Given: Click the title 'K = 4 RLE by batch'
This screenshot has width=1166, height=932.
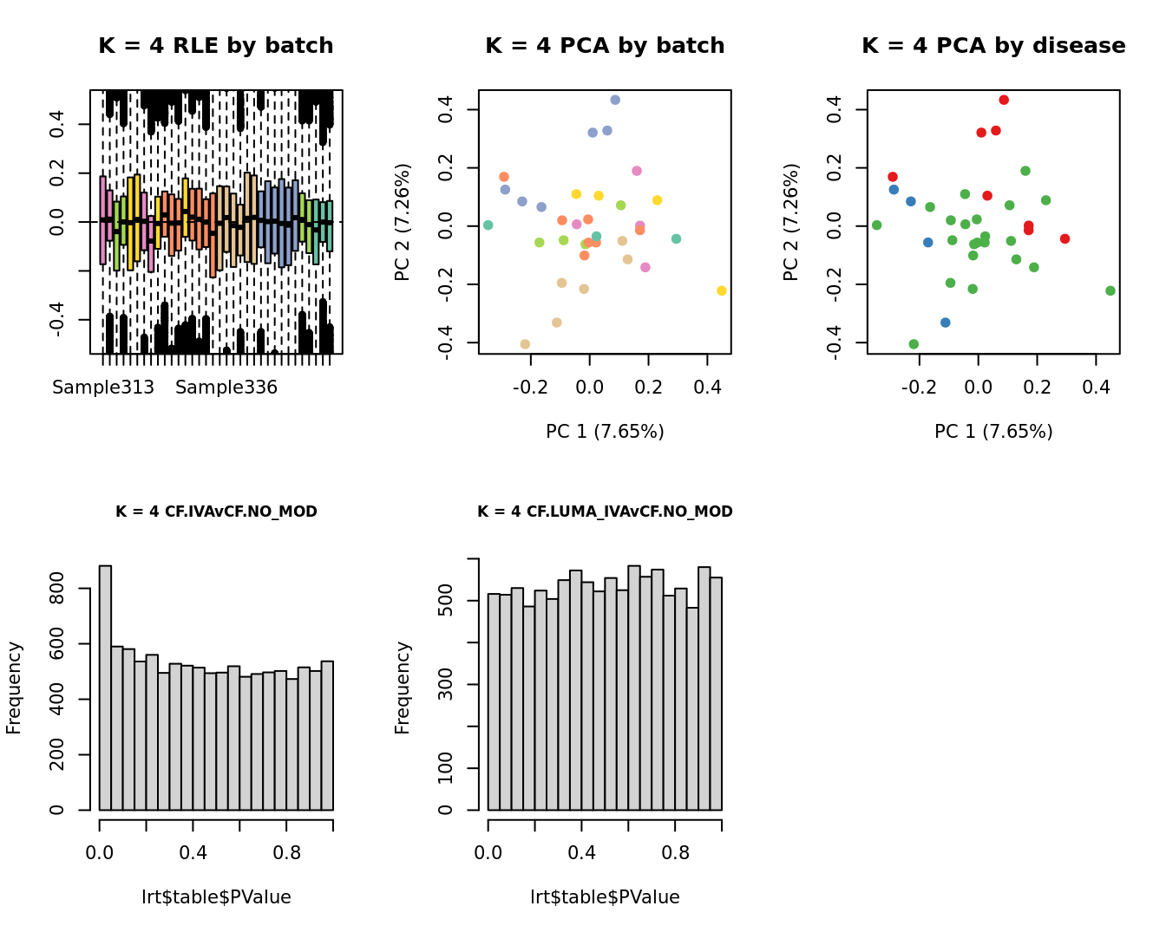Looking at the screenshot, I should point(215,46).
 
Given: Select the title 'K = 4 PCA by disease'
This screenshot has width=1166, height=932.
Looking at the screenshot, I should point(993,46).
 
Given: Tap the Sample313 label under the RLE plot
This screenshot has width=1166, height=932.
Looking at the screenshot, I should point(103,388).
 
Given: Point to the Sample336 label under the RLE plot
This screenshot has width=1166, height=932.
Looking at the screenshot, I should point(226,388).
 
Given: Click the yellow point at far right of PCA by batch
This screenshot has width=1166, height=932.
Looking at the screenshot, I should point(722,290).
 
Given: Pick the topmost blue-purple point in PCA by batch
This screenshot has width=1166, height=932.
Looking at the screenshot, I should point(615,100).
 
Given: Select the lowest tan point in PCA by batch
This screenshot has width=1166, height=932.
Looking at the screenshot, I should point(525,344).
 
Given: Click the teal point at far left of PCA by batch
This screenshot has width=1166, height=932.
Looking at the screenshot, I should point(488,225).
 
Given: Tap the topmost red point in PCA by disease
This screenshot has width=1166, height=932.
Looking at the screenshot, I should point(1004,100).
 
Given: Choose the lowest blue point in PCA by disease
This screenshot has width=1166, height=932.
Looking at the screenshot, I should point(946,323).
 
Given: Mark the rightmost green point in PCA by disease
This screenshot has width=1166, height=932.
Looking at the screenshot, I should point(1110,290).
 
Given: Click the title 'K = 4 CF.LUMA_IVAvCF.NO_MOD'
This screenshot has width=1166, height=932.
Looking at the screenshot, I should point(605,512).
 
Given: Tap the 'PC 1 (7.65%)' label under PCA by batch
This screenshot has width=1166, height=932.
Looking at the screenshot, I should point(605,431).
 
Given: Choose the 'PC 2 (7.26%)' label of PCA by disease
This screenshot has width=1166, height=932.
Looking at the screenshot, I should point(790,222).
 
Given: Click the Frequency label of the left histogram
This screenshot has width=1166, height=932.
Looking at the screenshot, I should point(14,688).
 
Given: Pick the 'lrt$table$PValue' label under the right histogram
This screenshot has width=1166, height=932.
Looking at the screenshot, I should point(605,897).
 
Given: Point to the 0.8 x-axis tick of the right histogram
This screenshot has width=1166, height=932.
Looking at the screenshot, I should point(676,853).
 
